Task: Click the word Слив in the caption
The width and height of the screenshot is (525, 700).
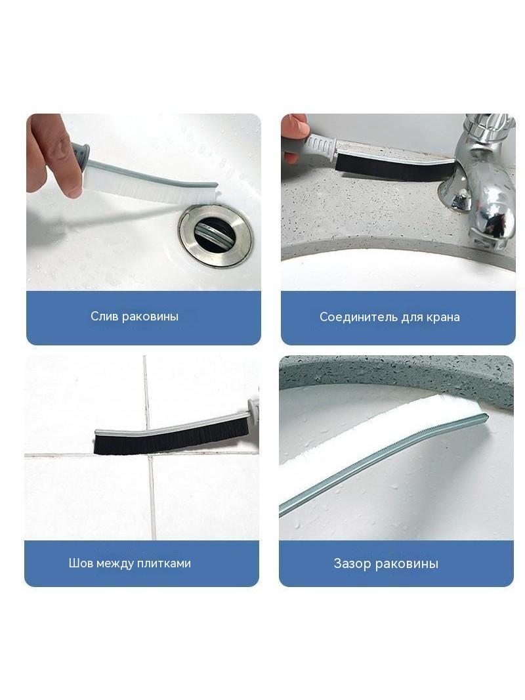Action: pos(104,317)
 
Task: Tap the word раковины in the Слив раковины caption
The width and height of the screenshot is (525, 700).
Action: pos(150,317)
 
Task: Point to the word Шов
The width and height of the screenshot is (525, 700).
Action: pos(79,563)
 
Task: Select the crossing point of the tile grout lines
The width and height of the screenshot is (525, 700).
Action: pos(148,454)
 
